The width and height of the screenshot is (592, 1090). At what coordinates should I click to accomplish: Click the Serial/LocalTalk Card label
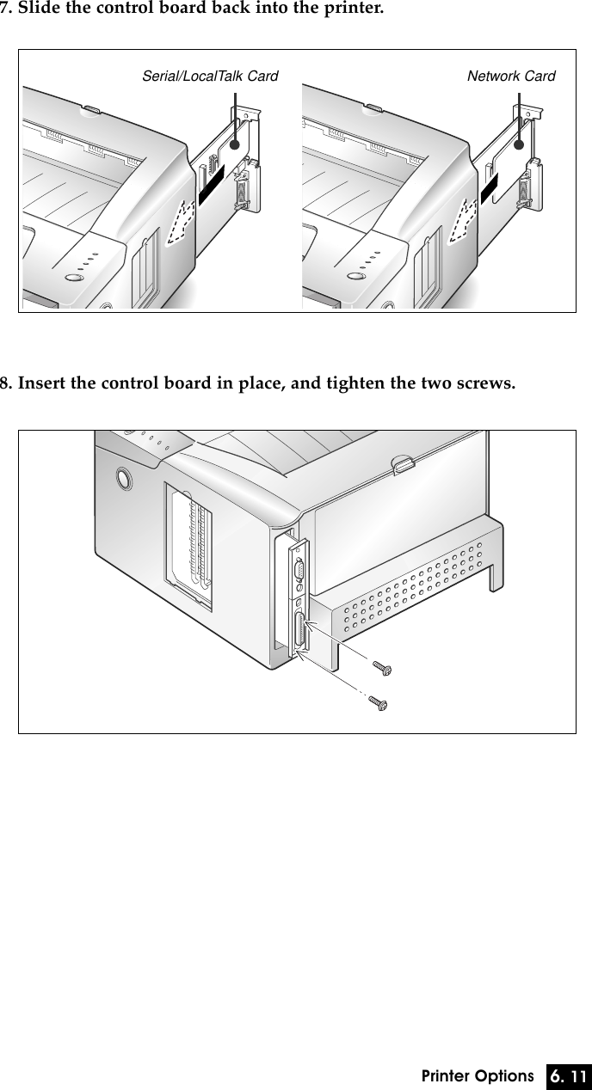point(209,77)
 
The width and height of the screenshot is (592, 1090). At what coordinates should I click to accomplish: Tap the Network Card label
point(510,77)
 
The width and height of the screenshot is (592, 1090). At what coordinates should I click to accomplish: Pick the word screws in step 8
point(485,382)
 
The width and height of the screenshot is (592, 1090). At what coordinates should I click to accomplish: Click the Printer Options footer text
point(478,1076)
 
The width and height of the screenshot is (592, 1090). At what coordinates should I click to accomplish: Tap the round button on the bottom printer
point(121,477)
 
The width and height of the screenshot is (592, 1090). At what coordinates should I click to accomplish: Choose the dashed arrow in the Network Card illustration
point(464,219)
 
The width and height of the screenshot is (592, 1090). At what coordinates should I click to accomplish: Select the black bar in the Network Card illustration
point(490,189)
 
